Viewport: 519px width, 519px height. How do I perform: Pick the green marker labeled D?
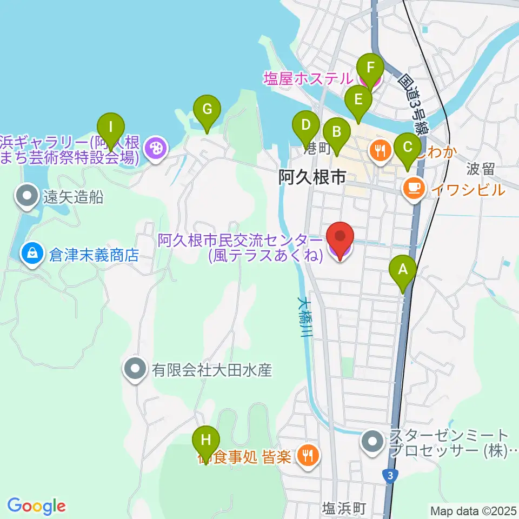[306, 126]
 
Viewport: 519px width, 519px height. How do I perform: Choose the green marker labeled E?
[358, 100]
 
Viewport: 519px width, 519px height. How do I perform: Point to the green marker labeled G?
[207, 110]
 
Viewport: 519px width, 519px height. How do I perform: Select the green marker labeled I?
[111, 128]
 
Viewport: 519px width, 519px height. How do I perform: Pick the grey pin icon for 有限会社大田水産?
[135, 370]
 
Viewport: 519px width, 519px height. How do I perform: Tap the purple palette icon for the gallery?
[155, 148]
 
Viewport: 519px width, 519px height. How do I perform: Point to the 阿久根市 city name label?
[312, 177]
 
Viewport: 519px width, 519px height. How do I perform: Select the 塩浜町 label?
[344, 508]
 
